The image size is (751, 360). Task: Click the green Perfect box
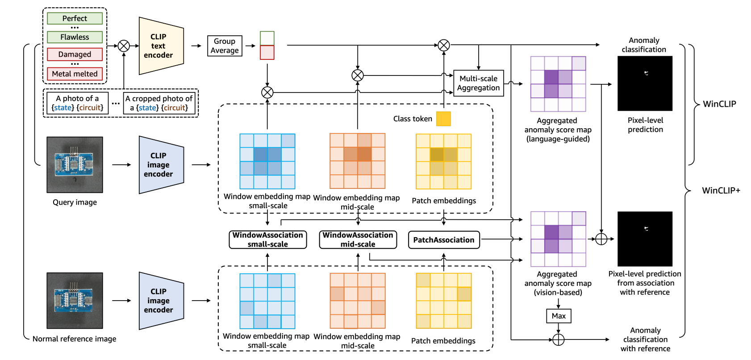(x=75, y=18)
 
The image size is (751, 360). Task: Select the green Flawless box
(x=75, y=37)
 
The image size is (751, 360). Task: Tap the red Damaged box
(x=75, y=54)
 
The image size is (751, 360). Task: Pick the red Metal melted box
(x=75, y=74)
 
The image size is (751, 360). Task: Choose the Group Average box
(x=225, y=46)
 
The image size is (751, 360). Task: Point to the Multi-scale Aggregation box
(x=478, y=83)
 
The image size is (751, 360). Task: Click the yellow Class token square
(x=443, y=119)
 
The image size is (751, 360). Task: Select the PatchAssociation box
(x=444, y=240)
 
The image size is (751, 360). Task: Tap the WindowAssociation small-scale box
(x=267, y=240)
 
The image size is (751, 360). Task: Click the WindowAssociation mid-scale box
(x=358, y=240)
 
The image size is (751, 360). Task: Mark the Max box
(x=559, y=316)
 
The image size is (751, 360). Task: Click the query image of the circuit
(x=75, y=165)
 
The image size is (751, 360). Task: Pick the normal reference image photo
(x=75, y=301)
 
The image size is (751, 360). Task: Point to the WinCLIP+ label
(x=721, y=191)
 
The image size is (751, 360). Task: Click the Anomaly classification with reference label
(x=645, y=339)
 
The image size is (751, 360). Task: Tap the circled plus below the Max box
(x=559, y=340)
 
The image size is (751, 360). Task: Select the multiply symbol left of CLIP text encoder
(x=124, y=46)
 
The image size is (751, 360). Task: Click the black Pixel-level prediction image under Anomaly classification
(x=645, y=84)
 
